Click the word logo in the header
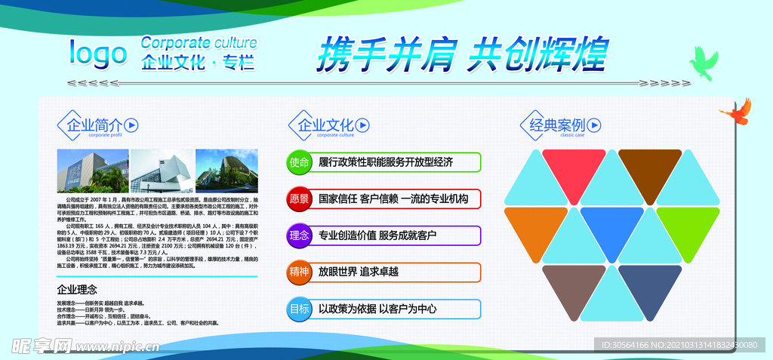coord(98,54)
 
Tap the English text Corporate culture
coord(199,42)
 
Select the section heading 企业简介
coord(92,125)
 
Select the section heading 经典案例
coord(557,125)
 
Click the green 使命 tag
coord(299,162)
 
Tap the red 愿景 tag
coord(299,199)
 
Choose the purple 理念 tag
coord(299,235)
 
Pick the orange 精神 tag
coord(299,272)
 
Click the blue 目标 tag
coord(299,309)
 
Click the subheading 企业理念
coord(77,289)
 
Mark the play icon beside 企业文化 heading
coord(362,125)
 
